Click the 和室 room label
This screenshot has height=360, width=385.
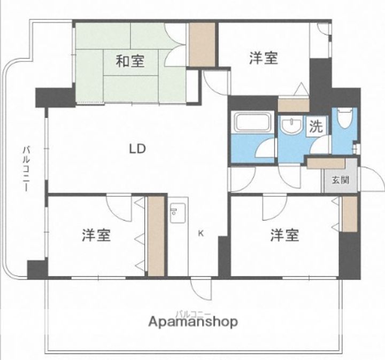130,61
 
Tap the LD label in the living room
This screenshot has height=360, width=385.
137,148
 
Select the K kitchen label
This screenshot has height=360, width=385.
201,234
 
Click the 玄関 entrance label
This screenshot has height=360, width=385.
340,180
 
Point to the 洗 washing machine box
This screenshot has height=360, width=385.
316,126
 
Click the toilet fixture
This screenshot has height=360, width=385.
345,119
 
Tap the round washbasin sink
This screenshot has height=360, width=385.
291,126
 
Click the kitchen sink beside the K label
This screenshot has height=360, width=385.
178,213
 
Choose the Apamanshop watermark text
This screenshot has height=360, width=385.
193,322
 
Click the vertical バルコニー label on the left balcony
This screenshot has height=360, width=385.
26,169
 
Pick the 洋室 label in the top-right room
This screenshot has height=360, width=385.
264,58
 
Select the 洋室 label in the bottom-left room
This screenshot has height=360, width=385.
96,235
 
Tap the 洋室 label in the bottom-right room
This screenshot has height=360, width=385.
285,235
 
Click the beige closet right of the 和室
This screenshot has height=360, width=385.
202,44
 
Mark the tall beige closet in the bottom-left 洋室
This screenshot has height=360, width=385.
156,236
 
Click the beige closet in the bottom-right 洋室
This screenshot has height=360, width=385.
350,214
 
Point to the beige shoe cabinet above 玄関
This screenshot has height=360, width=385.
326,163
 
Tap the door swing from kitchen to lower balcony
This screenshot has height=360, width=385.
202,289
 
